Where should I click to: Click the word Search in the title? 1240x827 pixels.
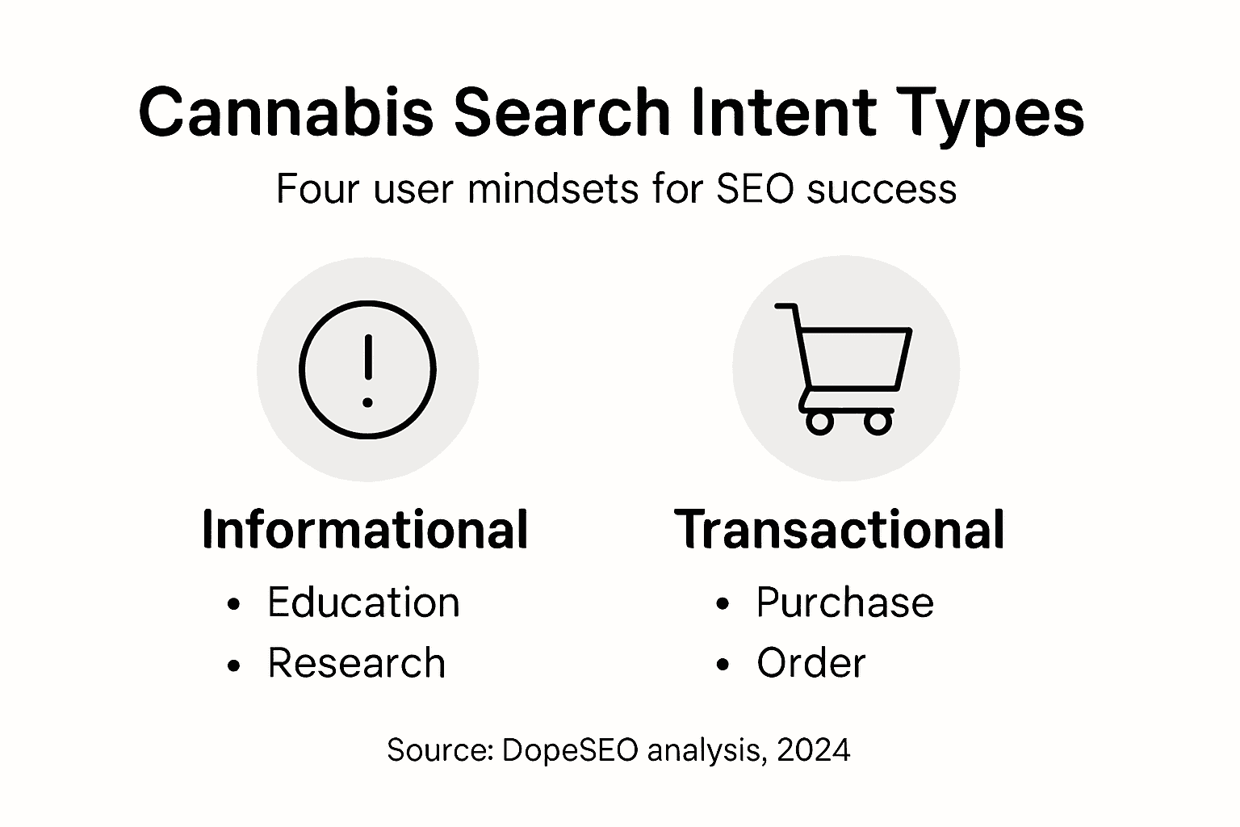(562, 112)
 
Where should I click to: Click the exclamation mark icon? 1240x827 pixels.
(367, 371)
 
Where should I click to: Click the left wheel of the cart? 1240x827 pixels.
(819, 422)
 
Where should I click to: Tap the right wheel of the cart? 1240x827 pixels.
(878, 422)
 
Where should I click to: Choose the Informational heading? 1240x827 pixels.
(365, 530)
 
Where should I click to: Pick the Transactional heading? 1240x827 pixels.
(840, 530)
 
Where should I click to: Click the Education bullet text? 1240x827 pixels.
(363, 602)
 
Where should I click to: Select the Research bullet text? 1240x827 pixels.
(356, 663)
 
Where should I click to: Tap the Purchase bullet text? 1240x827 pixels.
(844, 602)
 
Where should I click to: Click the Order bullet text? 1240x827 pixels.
(811, 663)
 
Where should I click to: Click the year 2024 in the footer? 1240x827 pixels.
(813, 750)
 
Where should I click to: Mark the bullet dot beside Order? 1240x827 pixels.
(723, 665)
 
